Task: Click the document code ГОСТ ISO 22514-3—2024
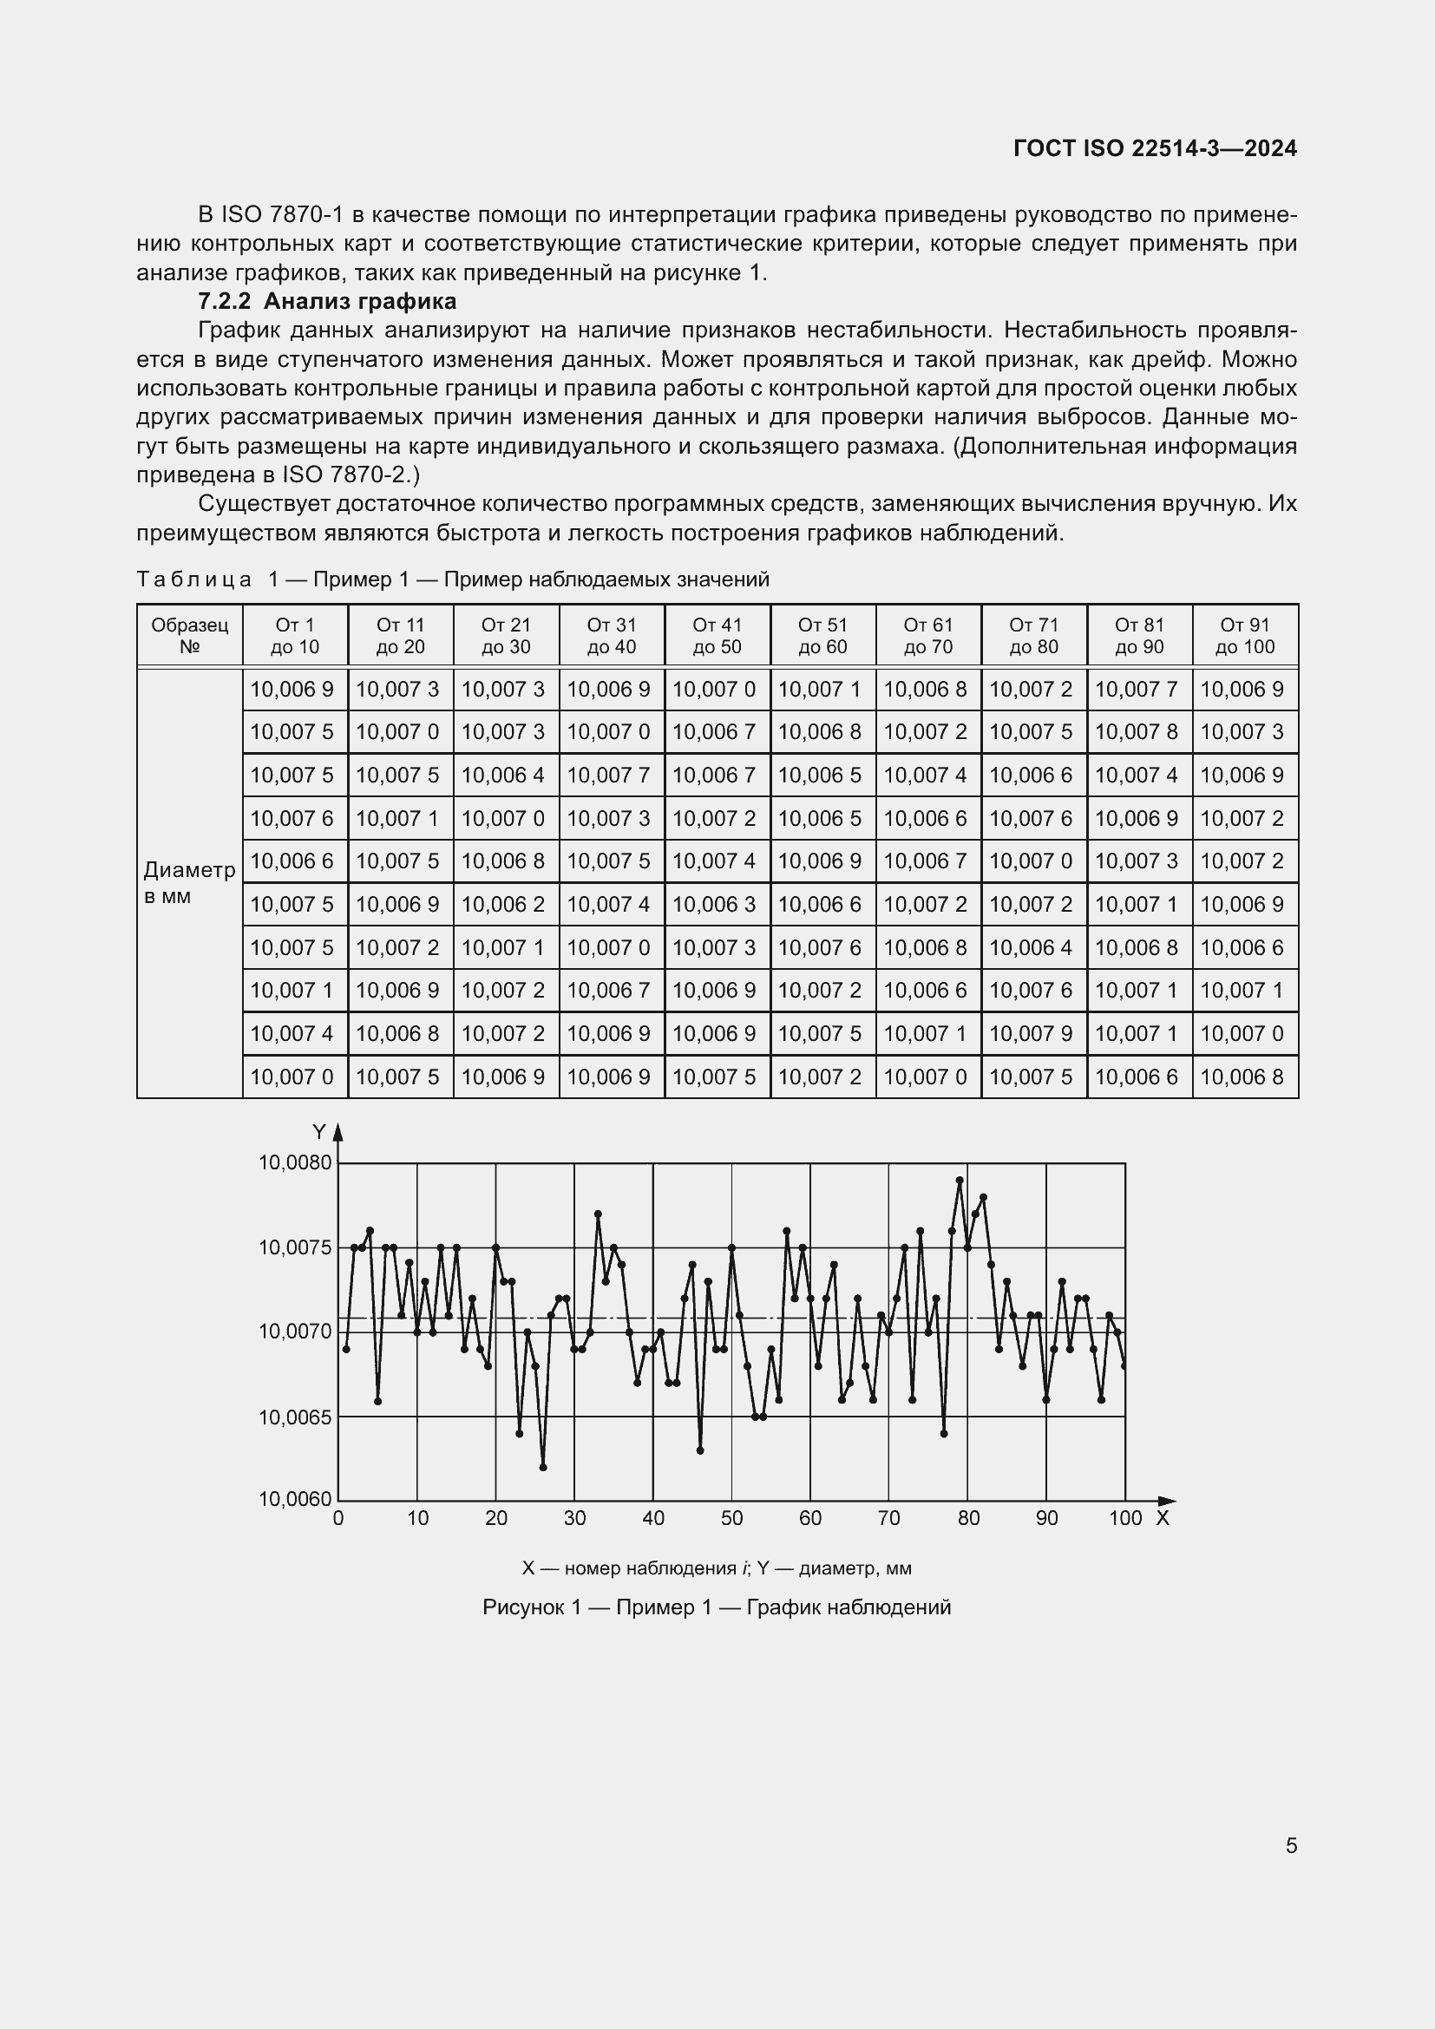point(1155,148)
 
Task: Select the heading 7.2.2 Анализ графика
point(327,301)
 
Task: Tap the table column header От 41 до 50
point(717,635)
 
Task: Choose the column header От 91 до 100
point(1244,635)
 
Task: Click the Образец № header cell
point(189,635)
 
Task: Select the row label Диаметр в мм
point(188,883)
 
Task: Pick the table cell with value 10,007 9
point(1033,1033)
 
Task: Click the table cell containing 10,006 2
point(506,904)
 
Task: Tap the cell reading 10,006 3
point(717,904)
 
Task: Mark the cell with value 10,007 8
point(1139,732)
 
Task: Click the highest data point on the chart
point(960,1180)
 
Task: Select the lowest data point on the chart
point(542,1467)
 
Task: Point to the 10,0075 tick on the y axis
point(294,1247)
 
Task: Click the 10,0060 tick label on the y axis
point(294,1499)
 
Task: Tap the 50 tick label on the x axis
point(731,1518)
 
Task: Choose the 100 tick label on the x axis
point(1125,1518)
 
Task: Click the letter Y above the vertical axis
point(319,1132)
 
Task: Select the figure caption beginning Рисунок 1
point(717,1607)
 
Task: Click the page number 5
point(1291,1845)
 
